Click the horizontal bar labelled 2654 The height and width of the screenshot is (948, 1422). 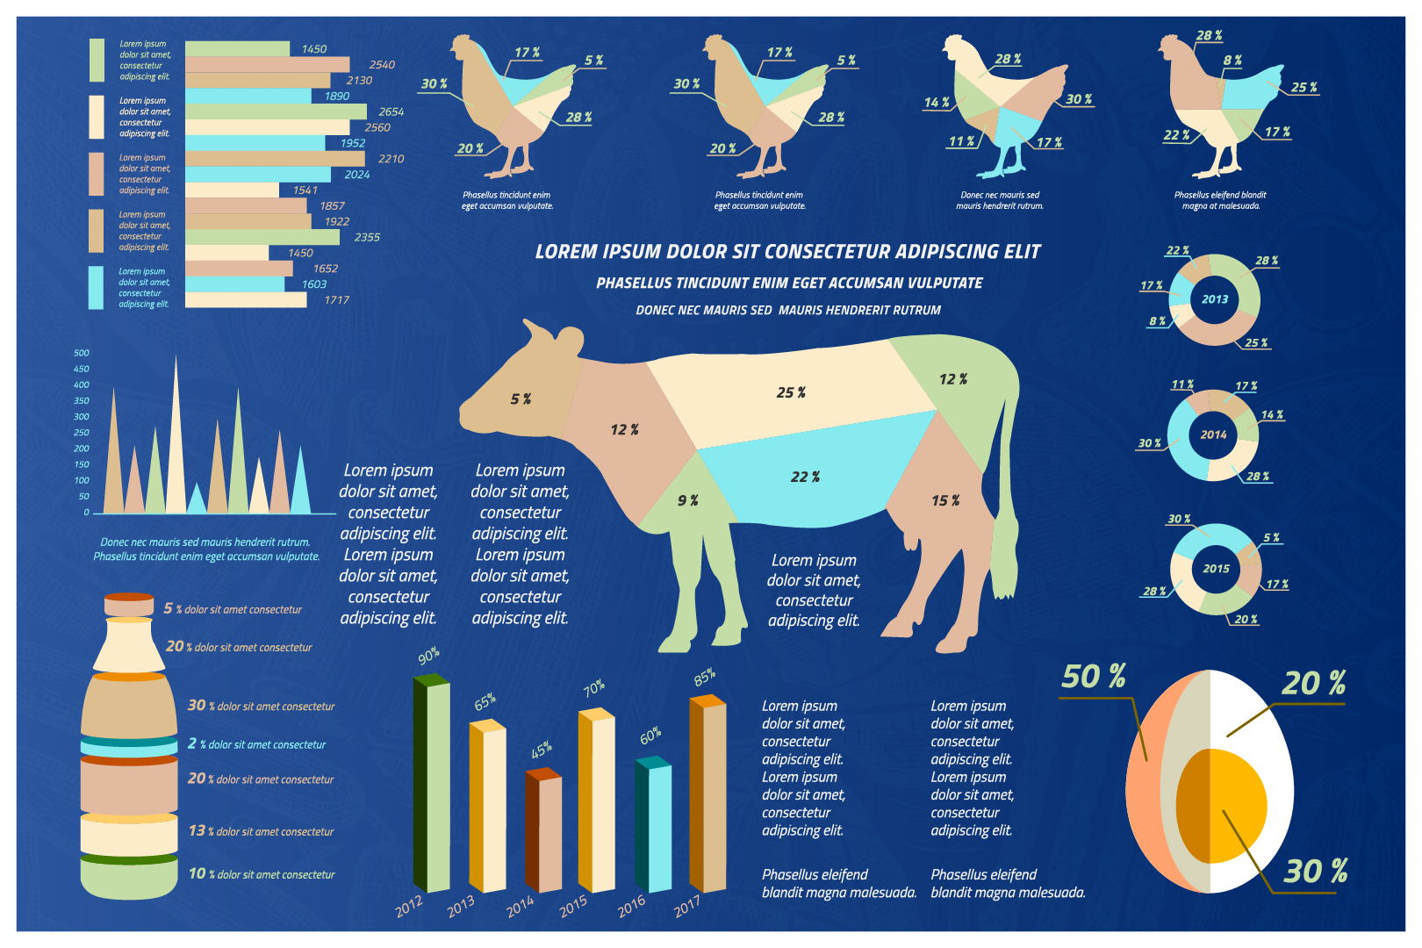(x=276, y=111)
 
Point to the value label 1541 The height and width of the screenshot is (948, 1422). (x=305, y=190)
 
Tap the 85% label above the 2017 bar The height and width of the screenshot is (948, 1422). (x=704, y=677)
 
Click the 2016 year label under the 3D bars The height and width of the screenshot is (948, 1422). (x=632, y=906)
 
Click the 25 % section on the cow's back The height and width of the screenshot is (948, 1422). (x=790, y=392)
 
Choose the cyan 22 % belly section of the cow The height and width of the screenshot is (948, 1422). (x=805, y=477)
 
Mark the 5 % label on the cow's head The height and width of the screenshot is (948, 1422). (x=521, y=399)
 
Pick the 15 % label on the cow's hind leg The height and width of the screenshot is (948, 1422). (x=945, y=500)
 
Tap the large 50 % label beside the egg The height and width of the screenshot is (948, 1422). (x=1093, y=677)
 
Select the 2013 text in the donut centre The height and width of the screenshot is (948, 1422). (x=1215, y=299)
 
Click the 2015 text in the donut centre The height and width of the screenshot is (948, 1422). (x=1216, y=569)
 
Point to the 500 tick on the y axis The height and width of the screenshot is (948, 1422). (x=82, y=353)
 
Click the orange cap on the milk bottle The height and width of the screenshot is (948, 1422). (x=129, y=598)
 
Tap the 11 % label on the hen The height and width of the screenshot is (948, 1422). (x=961, y=141)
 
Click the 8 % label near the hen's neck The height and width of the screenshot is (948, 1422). (x=1232, y=61)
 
